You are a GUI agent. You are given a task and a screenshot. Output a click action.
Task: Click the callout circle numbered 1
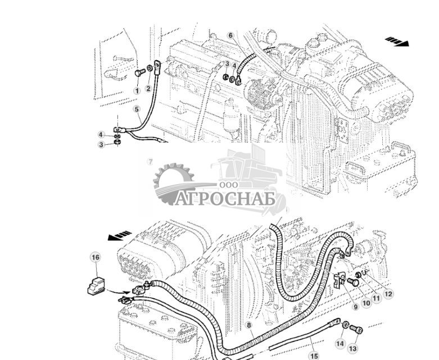(137, 90)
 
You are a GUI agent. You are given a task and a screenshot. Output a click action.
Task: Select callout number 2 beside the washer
(148, 88)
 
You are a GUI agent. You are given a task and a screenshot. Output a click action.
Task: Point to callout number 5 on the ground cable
(137, 110)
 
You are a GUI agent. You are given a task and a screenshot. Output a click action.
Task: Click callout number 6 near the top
(230, 35)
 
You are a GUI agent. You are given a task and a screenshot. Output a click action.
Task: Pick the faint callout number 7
(150, 162)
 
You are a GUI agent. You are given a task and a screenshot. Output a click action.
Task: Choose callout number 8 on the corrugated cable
(248, 325)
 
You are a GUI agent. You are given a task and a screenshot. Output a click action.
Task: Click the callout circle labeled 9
(355, 307)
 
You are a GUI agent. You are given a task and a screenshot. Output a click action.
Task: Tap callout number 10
(366, 303)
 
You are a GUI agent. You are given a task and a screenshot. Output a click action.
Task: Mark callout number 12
(388, 293)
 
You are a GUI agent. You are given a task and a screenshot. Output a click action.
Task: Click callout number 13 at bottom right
(352, 349)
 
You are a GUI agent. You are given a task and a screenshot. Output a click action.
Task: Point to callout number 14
(340, 343)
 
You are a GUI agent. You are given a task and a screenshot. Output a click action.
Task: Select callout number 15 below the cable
(314, 355)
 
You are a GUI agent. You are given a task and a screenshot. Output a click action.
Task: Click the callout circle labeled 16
(95, 257)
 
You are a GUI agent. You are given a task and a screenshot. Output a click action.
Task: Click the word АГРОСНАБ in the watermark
(225, 198)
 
